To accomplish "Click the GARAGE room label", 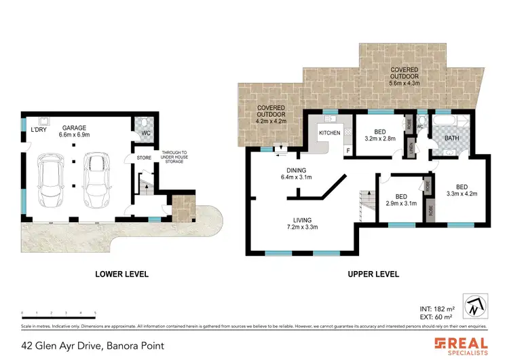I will [74, 130].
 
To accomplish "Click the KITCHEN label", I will [330, 132].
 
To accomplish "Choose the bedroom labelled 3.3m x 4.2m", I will [461, 190].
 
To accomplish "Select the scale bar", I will [59, 313].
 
